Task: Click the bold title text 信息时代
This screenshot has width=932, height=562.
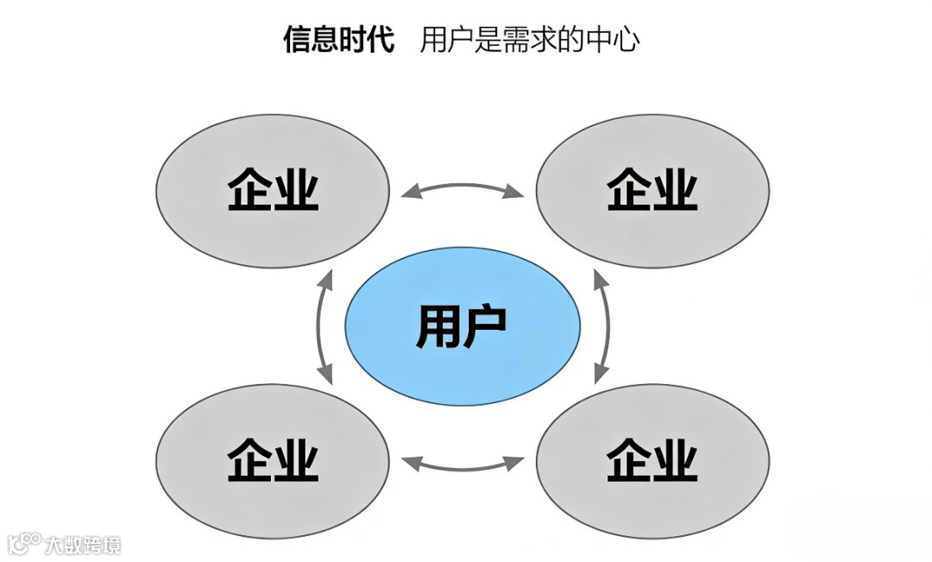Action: coord(338,40)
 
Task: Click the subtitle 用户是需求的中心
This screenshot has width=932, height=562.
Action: coord(529,40)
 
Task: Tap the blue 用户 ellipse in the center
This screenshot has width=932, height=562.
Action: coord(463,326)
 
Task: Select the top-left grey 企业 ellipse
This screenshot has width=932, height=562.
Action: coord(273,191)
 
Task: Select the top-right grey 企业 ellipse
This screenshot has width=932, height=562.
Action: coord(652,191)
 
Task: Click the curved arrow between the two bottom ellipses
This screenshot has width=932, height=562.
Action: coord(463,466)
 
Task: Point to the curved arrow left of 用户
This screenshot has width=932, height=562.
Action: coord(321,326)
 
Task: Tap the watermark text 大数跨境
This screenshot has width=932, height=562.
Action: coord(84,545)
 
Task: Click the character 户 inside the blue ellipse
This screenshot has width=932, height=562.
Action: coord(485,326)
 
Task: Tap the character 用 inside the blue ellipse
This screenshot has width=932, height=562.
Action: coord(438,326)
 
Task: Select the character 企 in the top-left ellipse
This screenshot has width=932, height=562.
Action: coord(250,191)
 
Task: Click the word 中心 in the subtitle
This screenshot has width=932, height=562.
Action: coord(619,40)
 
